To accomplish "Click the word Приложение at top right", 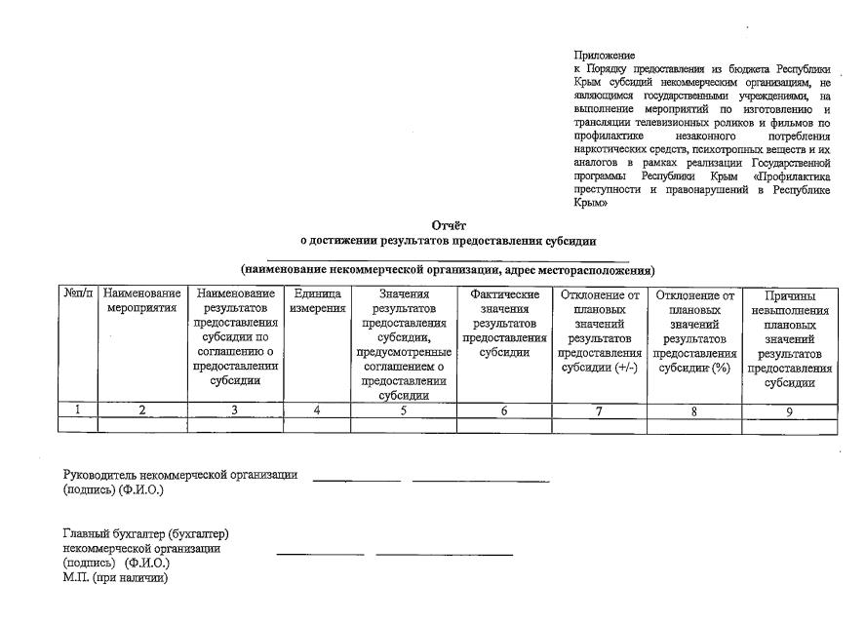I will [604, 56].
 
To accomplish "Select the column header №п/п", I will [79, 293].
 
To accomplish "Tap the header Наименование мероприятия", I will [142, 300].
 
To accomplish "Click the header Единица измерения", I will [317, 300].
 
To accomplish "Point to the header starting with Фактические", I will [504, 323].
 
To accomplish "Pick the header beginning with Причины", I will [790, 337].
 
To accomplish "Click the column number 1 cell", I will [79, 410].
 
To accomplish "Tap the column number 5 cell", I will [403, 410].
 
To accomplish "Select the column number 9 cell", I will [790, 410].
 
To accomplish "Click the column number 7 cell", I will [600, 410].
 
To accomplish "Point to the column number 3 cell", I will [235, 410].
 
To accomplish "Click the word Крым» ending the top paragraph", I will [591, 205].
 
